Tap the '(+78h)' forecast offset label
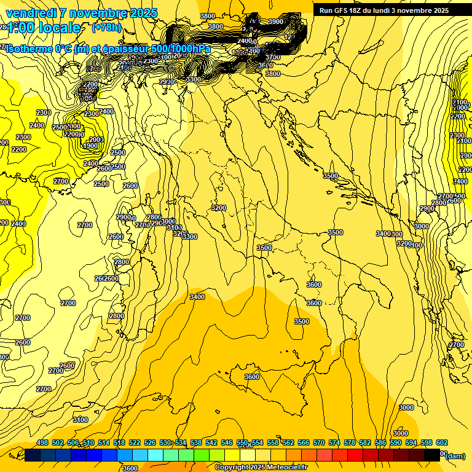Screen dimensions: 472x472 (x=106, y=27)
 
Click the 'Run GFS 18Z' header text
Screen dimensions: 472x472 (x=343, y=10)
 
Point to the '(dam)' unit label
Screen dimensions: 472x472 (x=455, y=455)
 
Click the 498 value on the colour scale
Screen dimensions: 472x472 (x=42, y=442)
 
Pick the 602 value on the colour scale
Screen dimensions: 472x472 (x=442, y=442)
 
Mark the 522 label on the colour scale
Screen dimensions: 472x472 (x=135, y=442)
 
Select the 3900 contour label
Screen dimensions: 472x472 (x=276, y=22)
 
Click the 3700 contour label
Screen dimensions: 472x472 (x=273, y=57)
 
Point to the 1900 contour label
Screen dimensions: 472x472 (x=90, y=146)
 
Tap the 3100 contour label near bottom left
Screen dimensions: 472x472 (x=80, y=420)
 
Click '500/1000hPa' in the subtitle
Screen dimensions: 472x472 (x=181, y=49)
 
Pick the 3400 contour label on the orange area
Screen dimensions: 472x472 (x=197, y=297)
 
